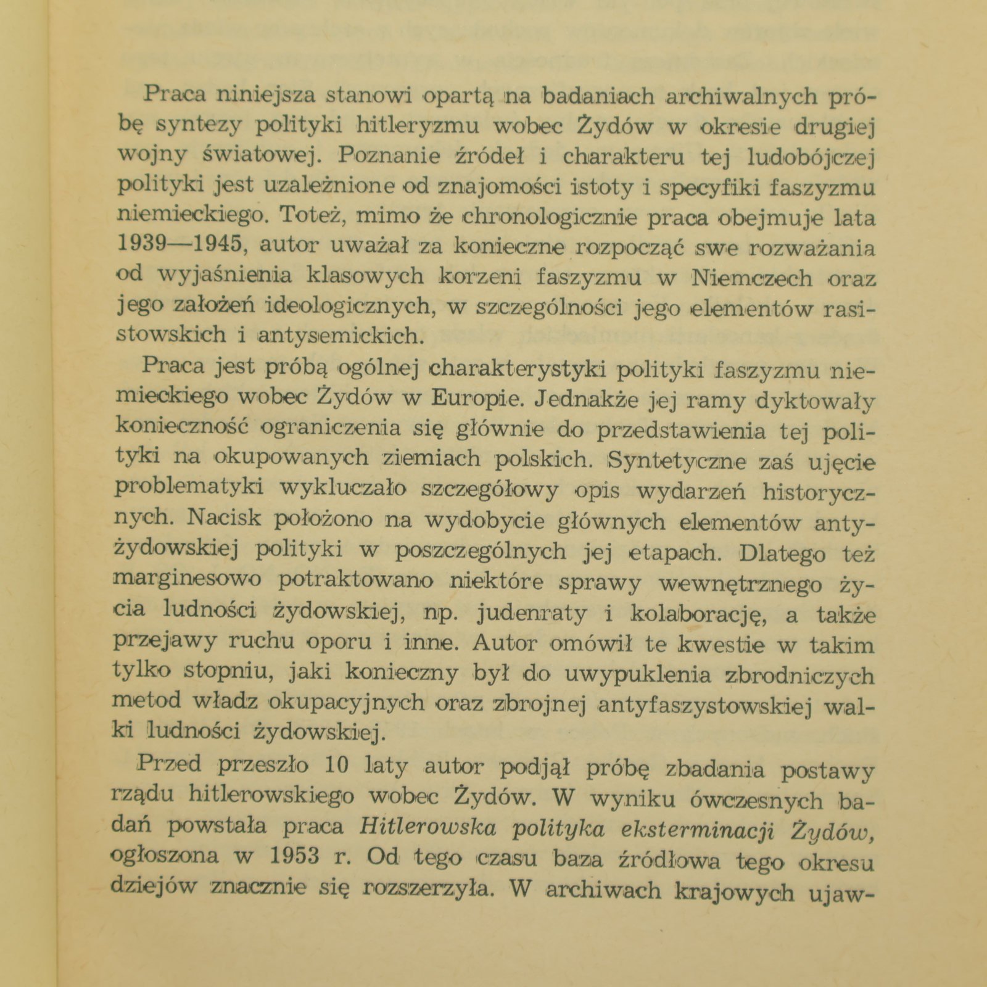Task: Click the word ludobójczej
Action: [x=811, y=157]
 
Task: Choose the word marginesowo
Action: [x=188, y=580]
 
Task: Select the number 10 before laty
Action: [x=337, y=766]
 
